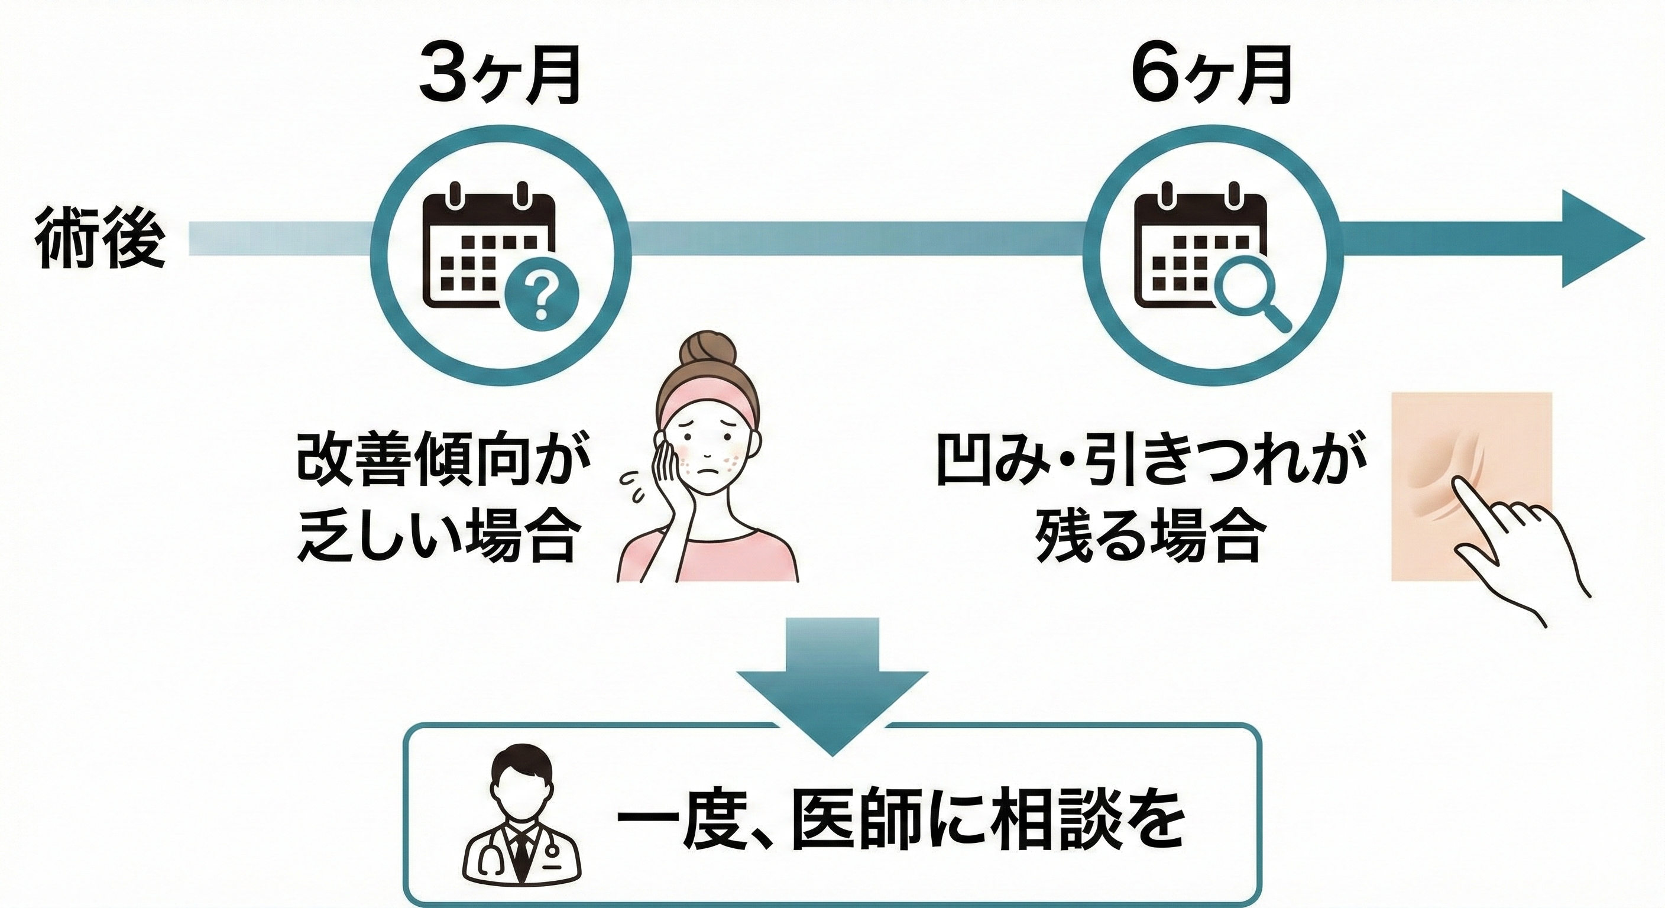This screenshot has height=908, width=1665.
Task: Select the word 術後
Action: (100, 247)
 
